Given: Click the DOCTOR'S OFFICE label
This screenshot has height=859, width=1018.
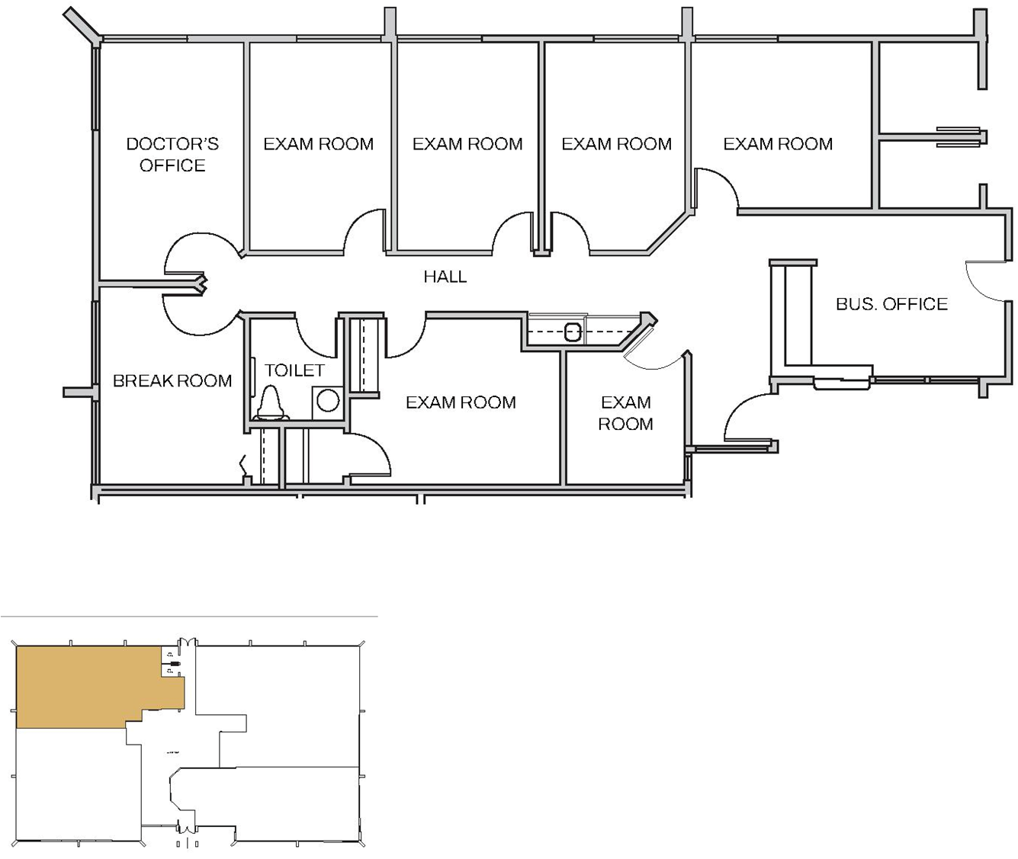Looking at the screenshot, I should tap(172, 154).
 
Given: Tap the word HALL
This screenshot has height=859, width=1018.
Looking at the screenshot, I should tap(445, 277).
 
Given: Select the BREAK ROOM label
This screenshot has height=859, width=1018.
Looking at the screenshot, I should tap(172, 380).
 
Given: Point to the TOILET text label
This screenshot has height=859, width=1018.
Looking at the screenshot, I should tap(294, 370).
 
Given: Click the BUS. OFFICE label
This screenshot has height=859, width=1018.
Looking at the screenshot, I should tap(891, 304).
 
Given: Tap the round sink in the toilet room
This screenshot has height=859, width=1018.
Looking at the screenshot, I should tap(328, 400).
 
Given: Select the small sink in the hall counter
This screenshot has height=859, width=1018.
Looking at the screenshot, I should tap(573, 332).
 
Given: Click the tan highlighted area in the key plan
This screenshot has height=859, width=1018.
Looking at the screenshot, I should tap(84, 686).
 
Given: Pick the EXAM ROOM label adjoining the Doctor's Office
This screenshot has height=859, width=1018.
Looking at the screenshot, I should tap(318, 144).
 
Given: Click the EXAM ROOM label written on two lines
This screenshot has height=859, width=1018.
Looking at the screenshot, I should tap(625, 412).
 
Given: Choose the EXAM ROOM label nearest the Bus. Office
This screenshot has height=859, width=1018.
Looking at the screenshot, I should tap(778, 144).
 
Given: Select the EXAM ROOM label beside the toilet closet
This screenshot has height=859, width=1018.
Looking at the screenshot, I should tap(461, 402).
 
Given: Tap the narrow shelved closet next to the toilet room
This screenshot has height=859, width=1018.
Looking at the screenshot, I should tap(369, 354).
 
